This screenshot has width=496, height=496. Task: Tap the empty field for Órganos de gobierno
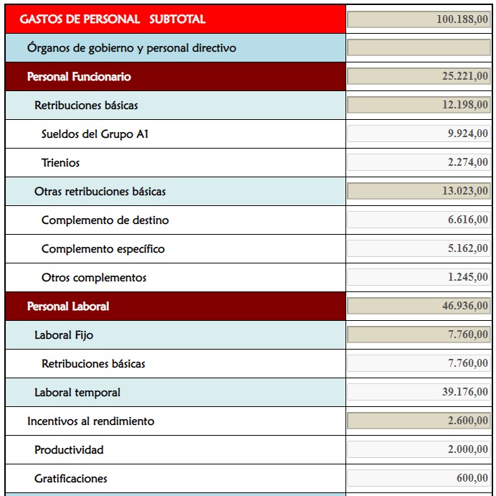click(419, 48)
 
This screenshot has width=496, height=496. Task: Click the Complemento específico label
click(103, 249)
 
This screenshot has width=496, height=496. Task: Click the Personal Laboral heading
click(67, 307)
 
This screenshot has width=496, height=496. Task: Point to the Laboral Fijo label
click(64, 335)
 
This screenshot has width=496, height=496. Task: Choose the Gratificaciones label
click(70, 479)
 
